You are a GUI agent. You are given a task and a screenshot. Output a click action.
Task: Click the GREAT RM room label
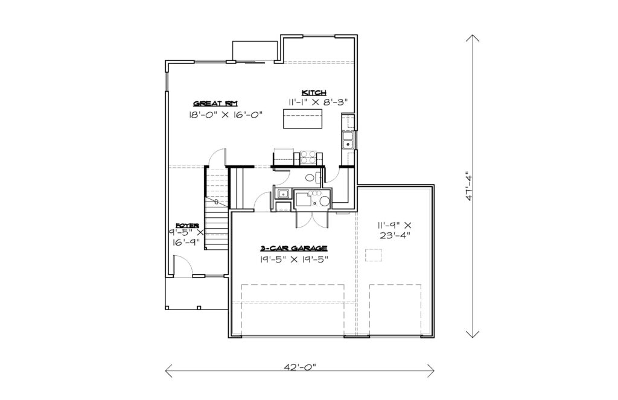point(215,104)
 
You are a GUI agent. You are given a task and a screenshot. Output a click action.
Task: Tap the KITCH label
point(314,93)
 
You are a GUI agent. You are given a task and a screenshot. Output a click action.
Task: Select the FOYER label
point(187,226)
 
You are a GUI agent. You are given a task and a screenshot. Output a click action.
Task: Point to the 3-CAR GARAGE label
point(294,249)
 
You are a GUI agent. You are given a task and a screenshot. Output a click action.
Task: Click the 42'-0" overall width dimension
point(300,367)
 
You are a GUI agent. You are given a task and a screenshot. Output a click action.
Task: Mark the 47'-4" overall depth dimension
point(469,186)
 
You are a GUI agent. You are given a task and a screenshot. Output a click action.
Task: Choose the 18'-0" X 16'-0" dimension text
point(226,115)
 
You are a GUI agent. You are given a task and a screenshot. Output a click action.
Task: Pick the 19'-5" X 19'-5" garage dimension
point(294,259)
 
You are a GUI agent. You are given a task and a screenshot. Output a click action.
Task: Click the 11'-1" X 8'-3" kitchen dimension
point(317,102)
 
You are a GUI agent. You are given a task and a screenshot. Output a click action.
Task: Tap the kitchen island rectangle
point(303,119)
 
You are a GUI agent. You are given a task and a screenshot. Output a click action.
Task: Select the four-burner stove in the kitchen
point(308,157)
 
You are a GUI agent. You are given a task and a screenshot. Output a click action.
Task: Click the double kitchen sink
point(348,141)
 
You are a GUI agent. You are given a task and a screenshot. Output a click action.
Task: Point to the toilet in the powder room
point(311,178)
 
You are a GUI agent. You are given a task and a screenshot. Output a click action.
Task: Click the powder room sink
point(282,194)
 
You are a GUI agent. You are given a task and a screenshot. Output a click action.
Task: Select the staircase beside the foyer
point(217,208)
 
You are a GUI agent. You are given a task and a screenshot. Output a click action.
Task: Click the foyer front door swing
point(183,265)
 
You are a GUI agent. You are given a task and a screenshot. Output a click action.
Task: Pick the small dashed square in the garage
point(374,255)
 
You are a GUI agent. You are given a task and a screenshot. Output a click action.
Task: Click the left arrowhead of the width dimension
point(169,370)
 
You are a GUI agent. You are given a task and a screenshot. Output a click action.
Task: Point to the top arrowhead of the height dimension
point(473,38)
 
